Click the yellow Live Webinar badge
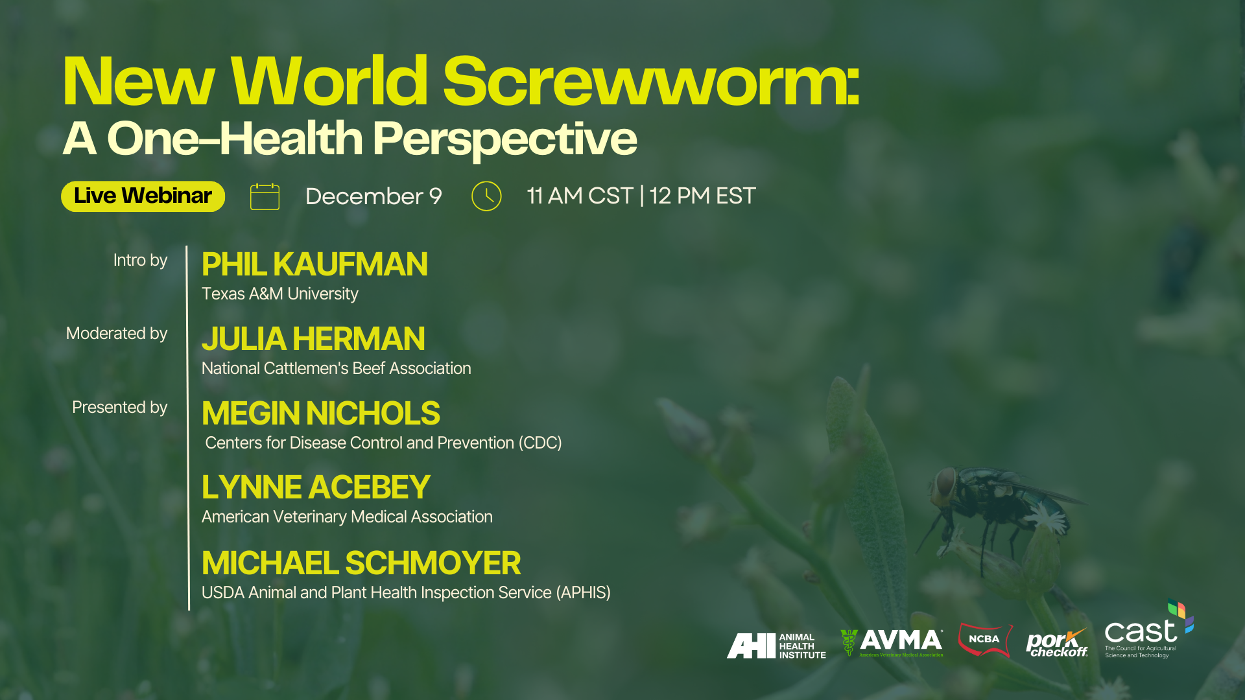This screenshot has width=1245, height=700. (143, 196)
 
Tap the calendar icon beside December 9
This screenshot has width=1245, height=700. (265, 196)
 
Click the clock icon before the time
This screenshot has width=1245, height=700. (486, 196)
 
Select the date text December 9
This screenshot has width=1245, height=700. (373, 196)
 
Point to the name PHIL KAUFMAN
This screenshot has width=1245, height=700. (314, 264)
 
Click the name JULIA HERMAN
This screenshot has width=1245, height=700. (313, 339)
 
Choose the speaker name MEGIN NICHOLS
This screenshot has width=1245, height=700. (321, 414)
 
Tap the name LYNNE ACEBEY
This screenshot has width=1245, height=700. (316, 487)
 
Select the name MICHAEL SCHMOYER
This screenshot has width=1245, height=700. (361, 563)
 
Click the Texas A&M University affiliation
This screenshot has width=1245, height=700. (279, 294)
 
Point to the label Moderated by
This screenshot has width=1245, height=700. (117, 334)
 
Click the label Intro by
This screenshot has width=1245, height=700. (140, 261)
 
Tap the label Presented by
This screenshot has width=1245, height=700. (120, 408)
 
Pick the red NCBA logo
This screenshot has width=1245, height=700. (985, 640)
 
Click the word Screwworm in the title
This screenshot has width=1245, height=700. (652, 82)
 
